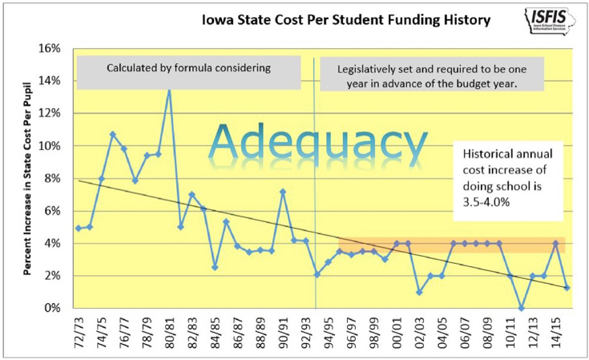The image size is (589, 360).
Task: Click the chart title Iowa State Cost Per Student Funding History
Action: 331,18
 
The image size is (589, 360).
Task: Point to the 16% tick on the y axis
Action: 49,48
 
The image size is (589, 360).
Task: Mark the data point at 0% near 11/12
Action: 522,308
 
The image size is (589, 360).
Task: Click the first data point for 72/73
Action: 79,228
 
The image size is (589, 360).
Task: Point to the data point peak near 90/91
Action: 283,192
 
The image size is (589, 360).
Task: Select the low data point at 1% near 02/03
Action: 419,292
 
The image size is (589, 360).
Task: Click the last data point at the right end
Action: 567,287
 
